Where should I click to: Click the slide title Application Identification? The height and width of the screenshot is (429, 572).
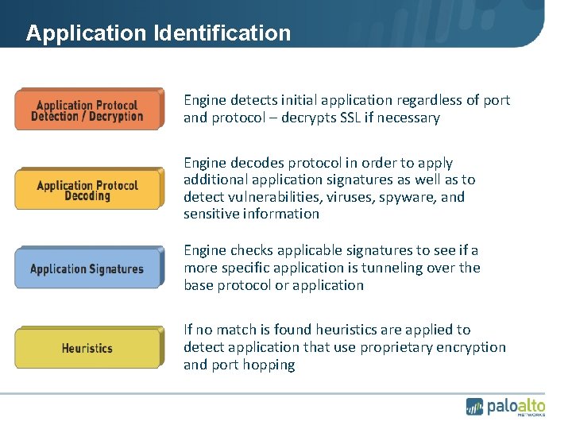(x=158, y=33)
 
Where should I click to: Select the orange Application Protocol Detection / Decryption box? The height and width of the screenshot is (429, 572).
(x=88, y=110)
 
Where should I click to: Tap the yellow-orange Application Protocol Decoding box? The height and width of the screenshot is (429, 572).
(x=88, y=191)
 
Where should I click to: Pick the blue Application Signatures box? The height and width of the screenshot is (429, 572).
(x=87, y=269)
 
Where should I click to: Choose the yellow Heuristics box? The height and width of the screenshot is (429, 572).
(x=87, y=348)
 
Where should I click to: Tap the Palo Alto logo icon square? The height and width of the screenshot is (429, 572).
(x=474, y=406)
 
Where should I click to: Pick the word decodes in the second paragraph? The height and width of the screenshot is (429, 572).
(x=261, y=162)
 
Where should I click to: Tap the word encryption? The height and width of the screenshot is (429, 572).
(x=473, y=347)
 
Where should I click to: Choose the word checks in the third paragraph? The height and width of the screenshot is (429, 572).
(x=252, y=250)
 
